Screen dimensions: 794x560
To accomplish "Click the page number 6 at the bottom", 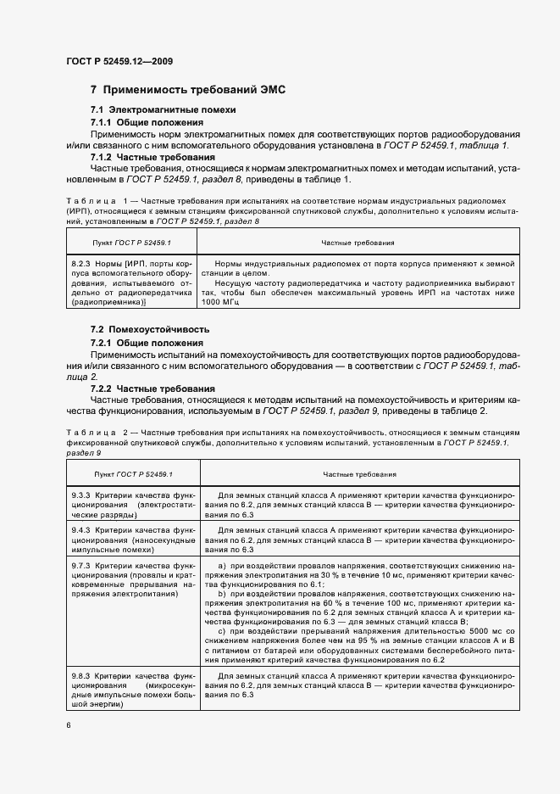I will (69, 725).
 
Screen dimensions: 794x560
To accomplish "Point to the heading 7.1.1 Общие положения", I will (152, 123).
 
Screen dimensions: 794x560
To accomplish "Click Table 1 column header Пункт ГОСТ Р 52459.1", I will (132, 242).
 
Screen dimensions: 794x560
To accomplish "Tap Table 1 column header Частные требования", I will (357, 242).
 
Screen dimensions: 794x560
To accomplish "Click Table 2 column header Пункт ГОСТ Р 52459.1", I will (132, 473).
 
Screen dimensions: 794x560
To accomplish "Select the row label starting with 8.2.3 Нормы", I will (132, 283).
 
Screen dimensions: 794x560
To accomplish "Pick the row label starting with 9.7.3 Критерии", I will (132, 579).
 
